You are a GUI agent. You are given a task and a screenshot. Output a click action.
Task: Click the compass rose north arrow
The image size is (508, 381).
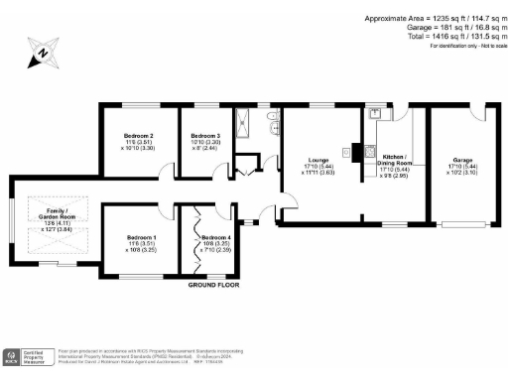pos(44,54)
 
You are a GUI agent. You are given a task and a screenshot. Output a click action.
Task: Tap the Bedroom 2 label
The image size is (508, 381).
pos(138,135)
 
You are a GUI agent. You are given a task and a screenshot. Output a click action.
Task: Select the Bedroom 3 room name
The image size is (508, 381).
pos(205,135)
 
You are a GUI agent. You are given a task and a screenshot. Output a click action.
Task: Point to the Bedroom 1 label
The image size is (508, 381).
pos(142,237)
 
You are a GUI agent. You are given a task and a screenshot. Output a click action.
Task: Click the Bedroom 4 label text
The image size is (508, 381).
pos(216,238)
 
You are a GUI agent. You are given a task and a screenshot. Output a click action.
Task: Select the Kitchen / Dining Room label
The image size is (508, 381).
pos(394,160)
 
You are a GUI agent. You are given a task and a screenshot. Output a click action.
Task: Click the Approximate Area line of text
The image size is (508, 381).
pos(436,19)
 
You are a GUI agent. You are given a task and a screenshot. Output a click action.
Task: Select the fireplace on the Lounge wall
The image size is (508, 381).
pos(348,153)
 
